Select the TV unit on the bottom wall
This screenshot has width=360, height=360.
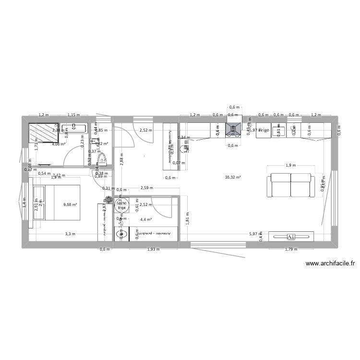click(x=291, y=236)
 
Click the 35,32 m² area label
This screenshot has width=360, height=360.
click(x=232, y=177)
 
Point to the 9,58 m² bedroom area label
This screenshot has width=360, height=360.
click(x=70, y=204)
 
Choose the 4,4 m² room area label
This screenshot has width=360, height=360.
click(x=146, y=219)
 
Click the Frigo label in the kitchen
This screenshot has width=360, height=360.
click(x=264, y=130)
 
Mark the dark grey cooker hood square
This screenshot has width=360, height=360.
click(x=233, y=129)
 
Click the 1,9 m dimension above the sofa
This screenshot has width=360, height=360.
click(x=291, y=166)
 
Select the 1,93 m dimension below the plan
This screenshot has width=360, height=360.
click(x=153, y=249)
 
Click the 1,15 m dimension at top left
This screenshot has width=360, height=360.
click(x=73, y=115)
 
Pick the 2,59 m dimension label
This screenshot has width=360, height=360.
click(x=147, y=188)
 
